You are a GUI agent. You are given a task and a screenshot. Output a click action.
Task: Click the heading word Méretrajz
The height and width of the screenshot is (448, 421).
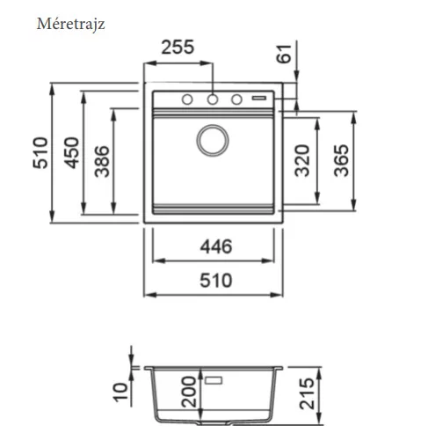pyautogui.click(x=70, y=24)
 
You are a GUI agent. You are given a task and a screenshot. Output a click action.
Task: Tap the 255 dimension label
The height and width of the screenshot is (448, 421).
pyautogui.click(x=178, y=47)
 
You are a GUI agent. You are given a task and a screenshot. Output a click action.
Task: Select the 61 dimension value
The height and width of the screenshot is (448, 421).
pyautogui.click(x=284, y=54)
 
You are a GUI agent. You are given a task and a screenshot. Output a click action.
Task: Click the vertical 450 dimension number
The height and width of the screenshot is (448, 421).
pyautogui.click(x=72, y=152)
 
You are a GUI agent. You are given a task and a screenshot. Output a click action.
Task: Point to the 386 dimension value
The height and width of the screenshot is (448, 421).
pyautogui.click(x=102, y=161)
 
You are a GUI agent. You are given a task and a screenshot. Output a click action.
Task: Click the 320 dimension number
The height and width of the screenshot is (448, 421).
pyautogui.click(x=302, y=160)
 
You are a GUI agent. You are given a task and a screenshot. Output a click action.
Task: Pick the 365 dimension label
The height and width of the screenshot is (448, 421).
pyautogui.click(x=341, y=160)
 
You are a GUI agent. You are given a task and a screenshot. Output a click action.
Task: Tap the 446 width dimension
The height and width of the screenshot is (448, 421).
pyautogui.click(x=216, y=246)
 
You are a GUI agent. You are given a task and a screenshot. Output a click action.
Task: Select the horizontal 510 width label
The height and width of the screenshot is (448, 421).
pyautogui.click(x=216, y=281)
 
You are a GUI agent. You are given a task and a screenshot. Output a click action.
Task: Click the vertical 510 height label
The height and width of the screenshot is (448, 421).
pyautogui.click(x=40, y=152)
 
